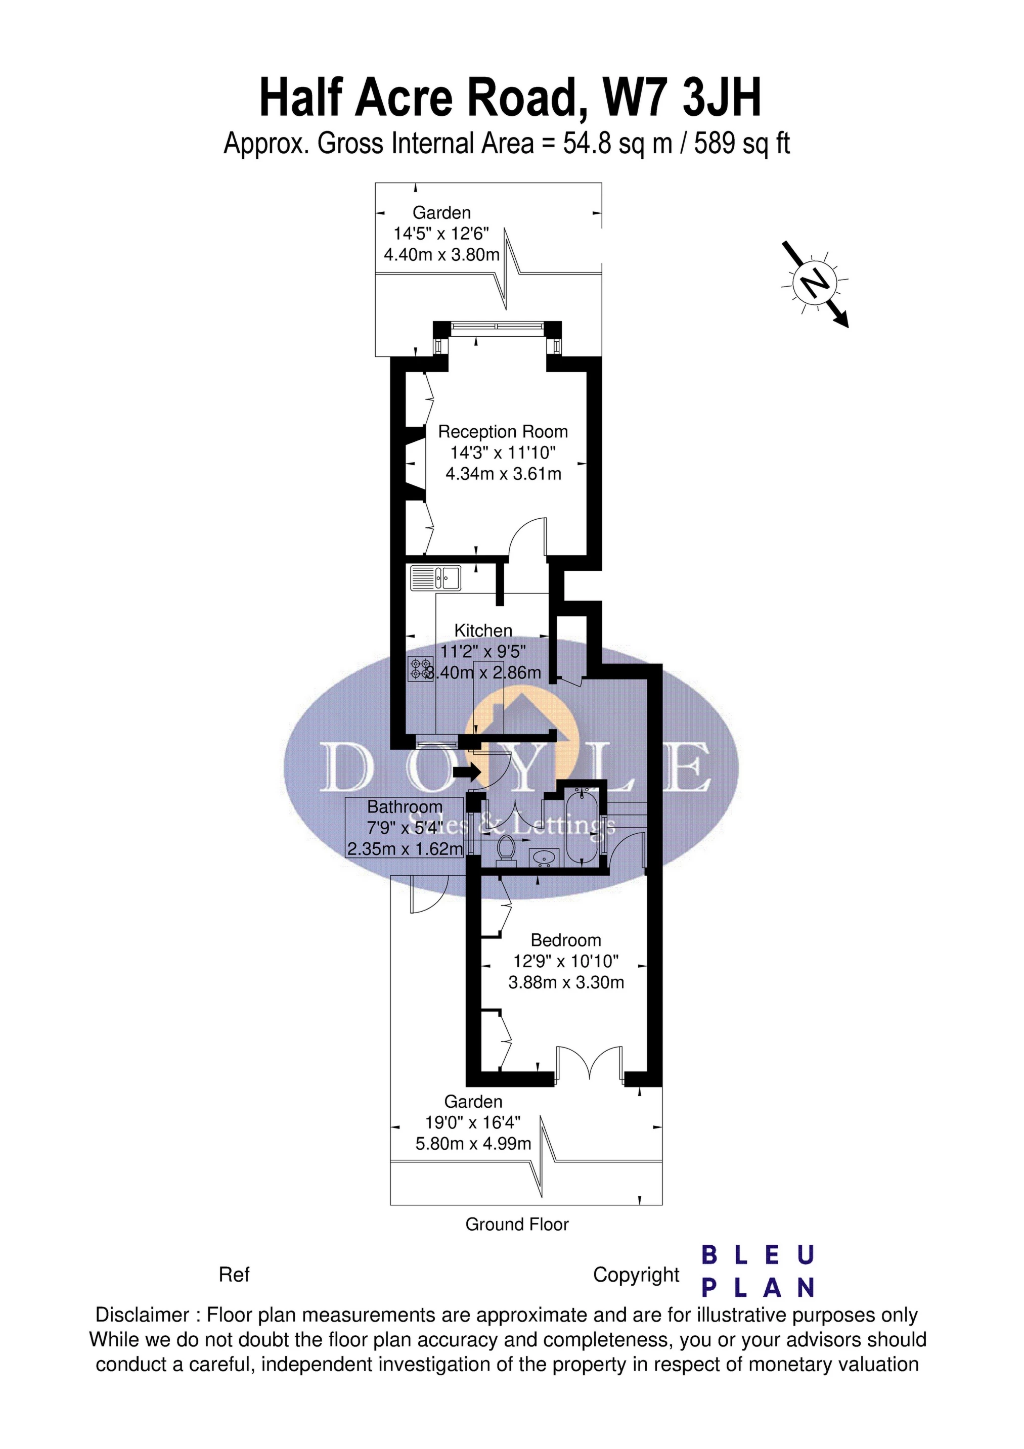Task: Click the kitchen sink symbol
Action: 435,577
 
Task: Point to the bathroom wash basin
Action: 543,857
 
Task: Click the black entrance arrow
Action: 467,771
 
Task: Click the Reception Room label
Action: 503,432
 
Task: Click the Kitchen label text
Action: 483,630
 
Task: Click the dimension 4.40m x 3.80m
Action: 442,255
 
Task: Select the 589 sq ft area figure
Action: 742,144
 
